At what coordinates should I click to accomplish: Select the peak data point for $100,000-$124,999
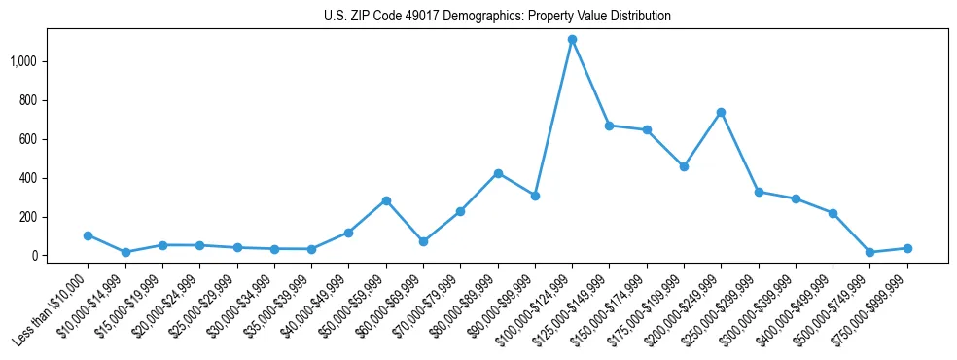[572, 40]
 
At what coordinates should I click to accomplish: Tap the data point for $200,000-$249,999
[721, 112]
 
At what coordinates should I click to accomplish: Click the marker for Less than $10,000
[88, 235]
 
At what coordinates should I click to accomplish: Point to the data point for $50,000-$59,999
[386, 200]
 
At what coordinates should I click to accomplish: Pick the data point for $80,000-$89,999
[498, 173]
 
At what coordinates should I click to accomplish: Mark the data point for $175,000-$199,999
[684, 166]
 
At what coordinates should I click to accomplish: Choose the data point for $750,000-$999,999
[907, 248]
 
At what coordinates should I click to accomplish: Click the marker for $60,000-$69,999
[423, 241]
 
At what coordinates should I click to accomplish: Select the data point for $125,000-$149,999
[609, 126]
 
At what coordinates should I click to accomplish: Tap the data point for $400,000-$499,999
[833, 213]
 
